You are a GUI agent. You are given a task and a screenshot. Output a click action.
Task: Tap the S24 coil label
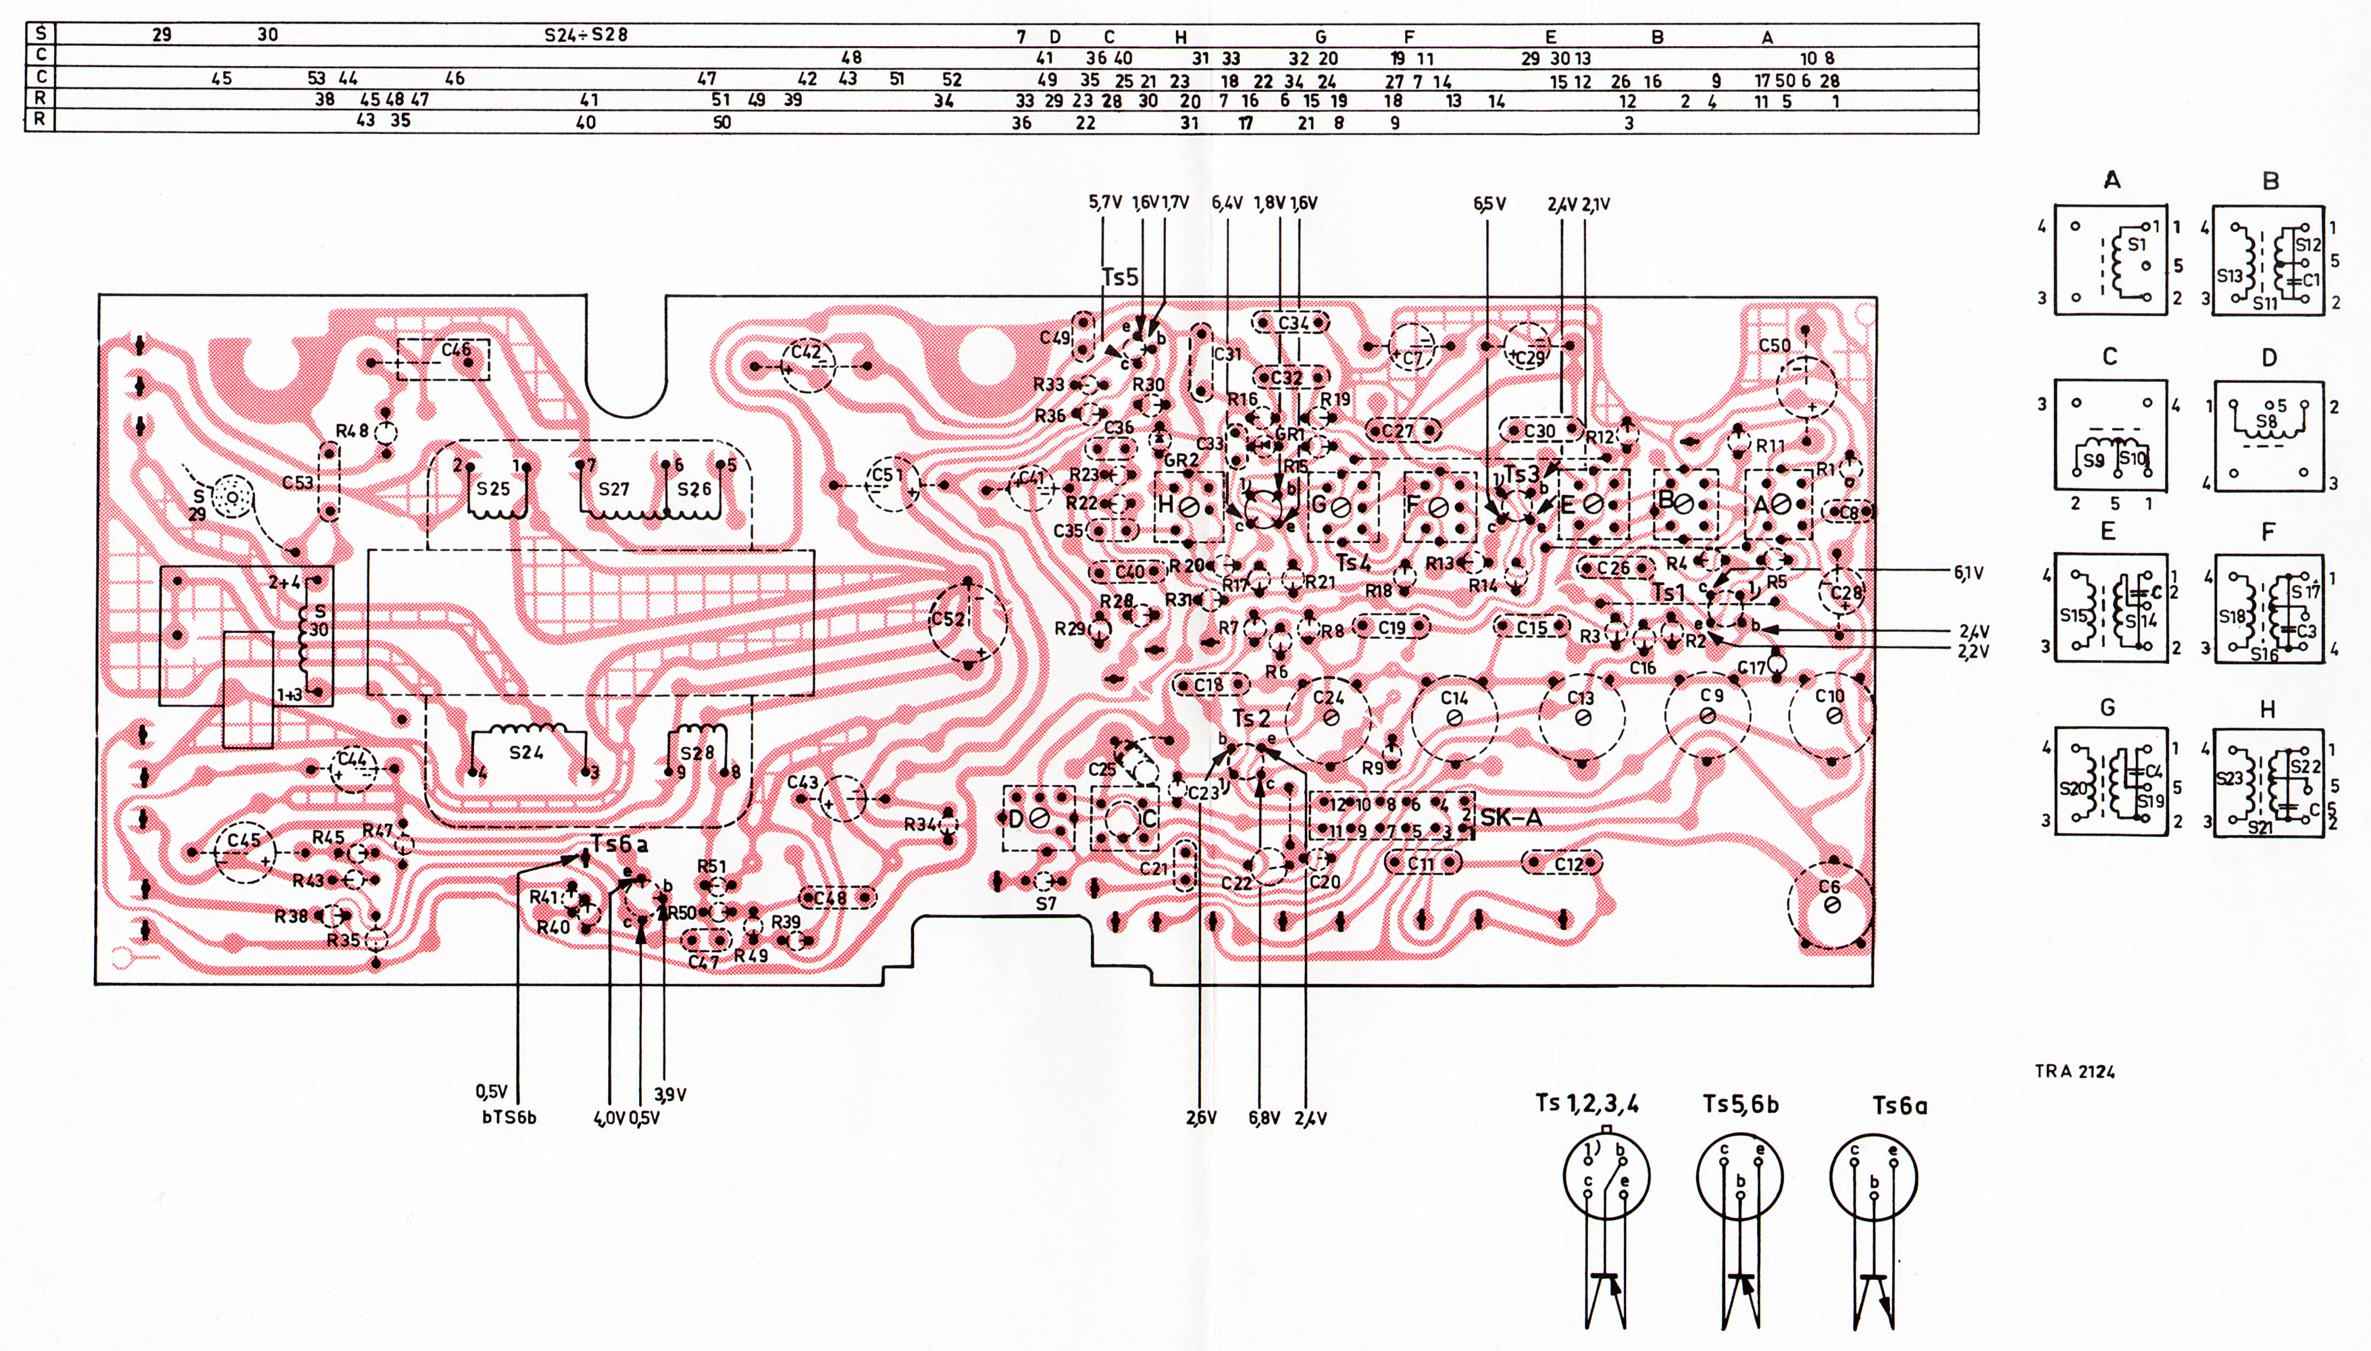point(526,753)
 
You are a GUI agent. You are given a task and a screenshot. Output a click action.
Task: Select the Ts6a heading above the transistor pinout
point(1900,1105)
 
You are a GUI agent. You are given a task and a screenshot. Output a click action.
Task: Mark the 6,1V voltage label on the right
point(1968,573)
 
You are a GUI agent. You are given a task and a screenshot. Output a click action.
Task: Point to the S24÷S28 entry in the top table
point(586,35)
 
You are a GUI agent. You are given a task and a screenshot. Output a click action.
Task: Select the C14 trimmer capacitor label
point(1454,698)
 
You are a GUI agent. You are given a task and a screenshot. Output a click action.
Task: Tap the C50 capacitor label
point(1775,345)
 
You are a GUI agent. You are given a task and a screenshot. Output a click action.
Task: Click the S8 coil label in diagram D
point(2266,419)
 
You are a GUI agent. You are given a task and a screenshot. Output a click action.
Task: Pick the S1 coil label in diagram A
point(2137,245)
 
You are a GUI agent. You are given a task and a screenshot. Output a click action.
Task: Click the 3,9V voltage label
point(669,1094)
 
